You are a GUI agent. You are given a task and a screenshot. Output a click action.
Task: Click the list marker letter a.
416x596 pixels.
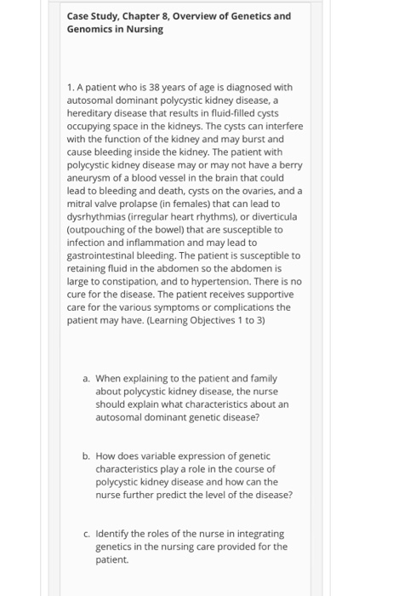pyautogui.click(x=86, y=378)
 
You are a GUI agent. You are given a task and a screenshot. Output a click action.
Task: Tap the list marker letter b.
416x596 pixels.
pyautogui.click(x=86, y=456)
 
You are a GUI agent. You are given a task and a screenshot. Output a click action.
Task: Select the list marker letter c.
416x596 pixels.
pyautogui.click(x=86, y=534)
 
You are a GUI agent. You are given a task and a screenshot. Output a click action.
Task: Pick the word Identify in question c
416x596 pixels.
pyautogui.click(x=115, y=534)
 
